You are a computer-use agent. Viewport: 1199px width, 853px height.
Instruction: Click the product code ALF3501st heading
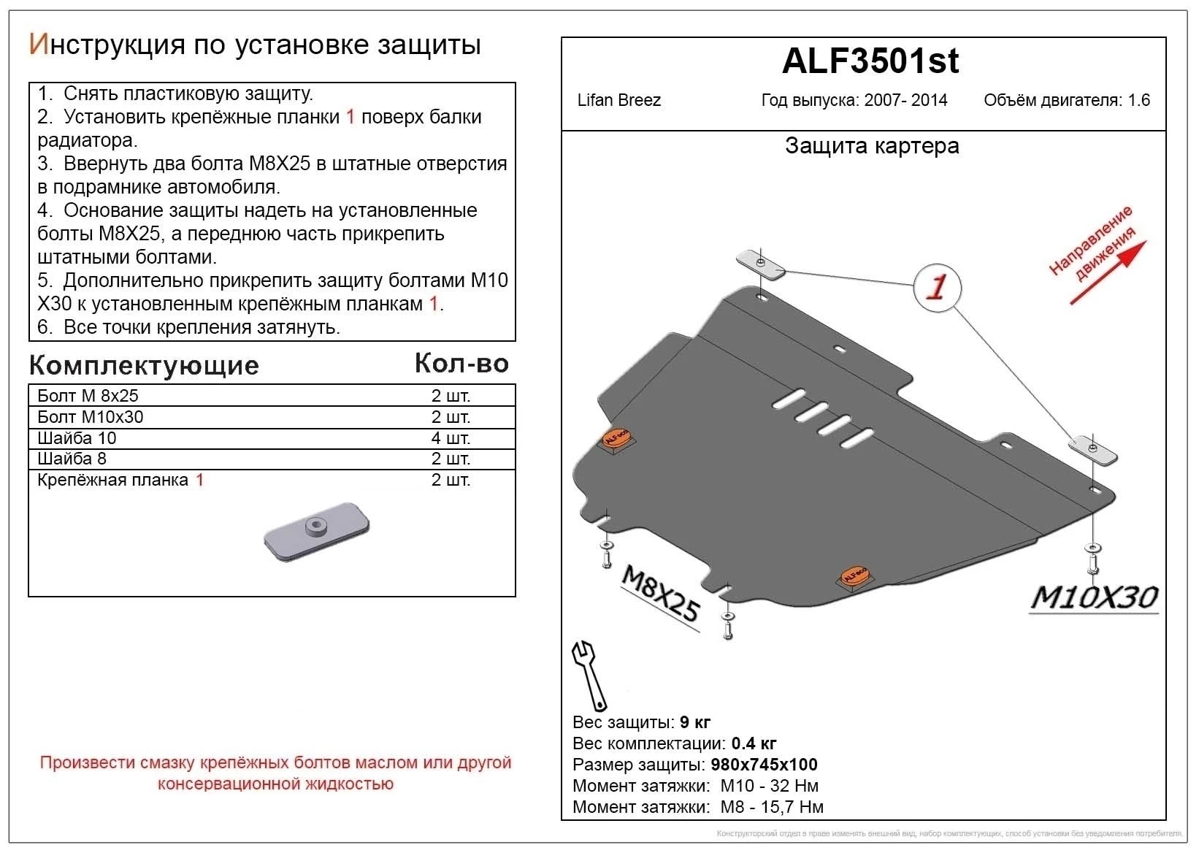point(870,61)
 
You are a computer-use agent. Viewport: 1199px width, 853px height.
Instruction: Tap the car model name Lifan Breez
point(618,101)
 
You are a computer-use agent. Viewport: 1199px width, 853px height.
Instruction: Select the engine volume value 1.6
point(1138,101)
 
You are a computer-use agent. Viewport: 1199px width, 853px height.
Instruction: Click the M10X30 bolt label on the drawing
point(1094,598)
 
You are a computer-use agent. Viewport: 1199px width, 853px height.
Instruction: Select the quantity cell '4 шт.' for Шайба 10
point(451,438)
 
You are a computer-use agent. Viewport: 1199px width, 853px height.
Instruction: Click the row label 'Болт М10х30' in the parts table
point(91,417)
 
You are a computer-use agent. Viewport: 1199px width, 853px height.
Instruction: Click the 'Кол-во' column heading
point(461,363)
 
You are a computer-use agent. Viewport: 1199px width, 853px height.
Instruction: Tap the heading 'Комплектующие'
point(144,365)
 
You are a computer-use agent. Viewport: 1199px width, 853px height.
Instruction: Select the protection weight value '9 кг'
point(694,722)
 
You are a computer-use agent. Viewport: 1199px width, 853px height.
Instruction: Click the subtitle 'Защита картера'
point(872,146)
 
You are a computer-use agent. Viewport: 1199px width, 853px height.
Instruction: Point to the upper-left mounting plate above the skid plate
point(760,264)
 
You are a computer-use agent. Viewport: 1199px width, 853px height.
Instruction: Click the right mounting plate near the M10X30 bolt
point(1093,450)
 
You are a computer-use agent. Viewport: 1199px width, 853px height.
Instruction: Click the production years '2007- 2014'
point(905,101)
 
